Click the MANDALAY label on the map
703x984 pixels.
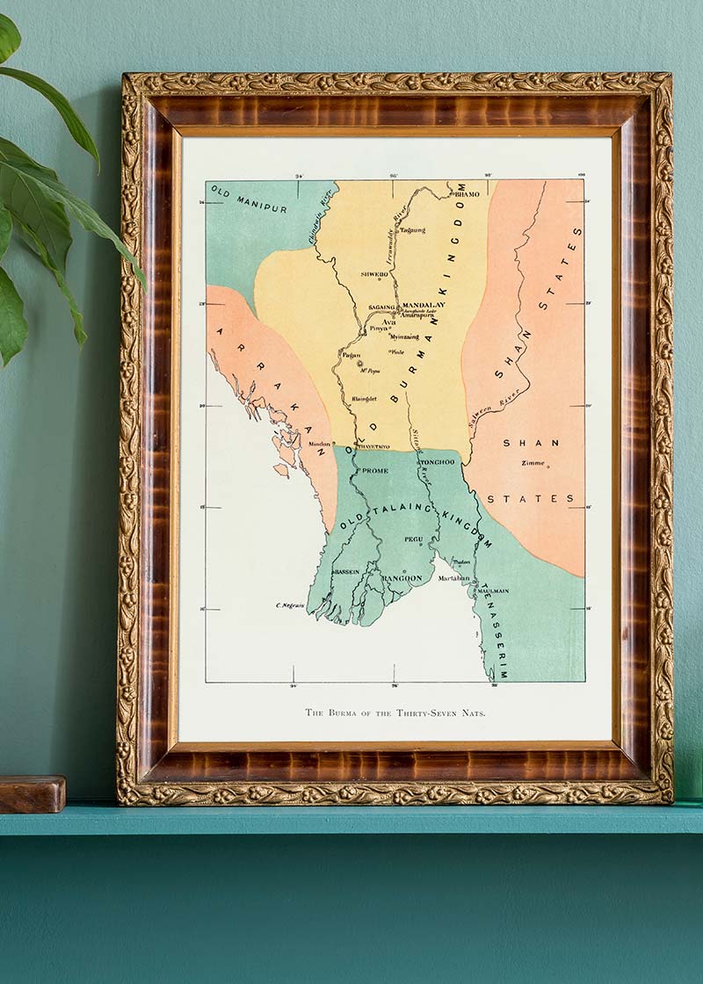[424, 305]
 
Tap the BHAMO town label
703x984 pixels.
[467, 193]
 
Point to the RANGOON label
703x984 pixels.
[402, 578]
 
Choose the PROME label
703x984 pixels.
[374, 471]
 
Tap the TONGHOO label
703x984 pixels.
[437, 462]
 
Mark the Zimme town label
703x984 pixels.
[533, 463]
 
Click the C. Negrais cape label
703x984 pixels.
[289, 605]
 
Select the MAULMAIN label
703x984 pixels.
[493, 591]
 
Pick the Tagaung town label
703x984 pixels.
[412, 230]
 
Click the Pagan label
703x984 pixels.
[351, 356]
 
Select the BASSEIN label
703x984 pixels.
[345, 572]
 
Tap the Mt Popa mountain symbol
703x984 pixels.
[360, 364]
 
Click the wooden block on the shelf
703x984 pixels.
[33, 793]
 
